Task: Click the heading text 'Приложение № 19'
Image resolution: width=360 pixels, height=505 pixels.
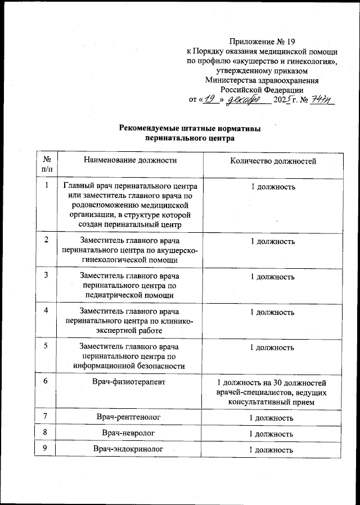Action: click(x=262, y=41)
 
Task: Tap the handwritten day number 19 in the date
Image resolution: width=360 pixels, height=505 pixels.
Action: click(x=211, y=100)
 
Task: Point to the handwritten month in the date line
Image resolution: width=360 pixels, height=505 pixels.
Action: click(x=247, y=100)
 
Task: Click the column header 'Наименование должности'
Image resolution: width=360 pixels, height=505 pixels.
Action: click(x=130, y=161)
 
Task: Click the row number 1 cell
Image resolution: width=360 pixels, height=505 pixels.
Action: click(x=46, y=186)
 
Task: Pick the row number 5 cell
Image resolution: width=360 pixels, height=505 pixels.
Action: click(x=46, y=346)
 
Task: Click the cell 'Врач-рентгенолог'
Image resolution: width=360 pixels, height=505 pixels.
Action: click(x=130, y=418)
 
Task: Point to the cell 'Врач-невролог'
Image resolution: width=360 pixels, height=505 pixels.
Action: click(x=130, y=434)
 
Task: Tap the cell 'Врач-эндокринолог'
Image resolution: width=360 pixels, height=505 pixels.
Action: click(x=130, y=450)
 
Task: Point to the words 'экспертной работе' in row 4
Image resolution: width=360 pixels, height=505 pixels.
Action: click(x=130, y=331)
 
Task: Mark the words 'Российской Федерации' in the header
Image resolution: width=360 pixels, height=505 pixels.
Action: click(x=262, y=89)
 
